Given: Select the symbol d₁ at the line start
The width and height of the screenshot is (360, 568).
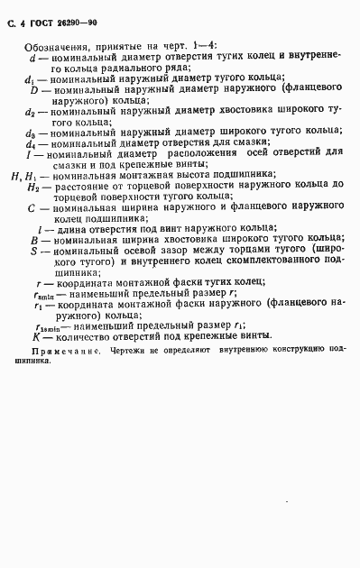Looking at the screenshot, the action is (x=29, y=80).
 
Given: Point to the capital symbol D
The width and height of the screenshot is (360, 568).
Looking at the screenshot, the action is (x=32, y=90).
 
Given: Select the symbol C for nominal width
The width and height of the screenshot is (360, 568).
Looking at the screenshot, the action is (x=32, y=206).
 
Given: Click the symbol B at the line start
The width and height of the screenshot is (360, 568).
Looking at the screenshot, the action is (x=33, y=241).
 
